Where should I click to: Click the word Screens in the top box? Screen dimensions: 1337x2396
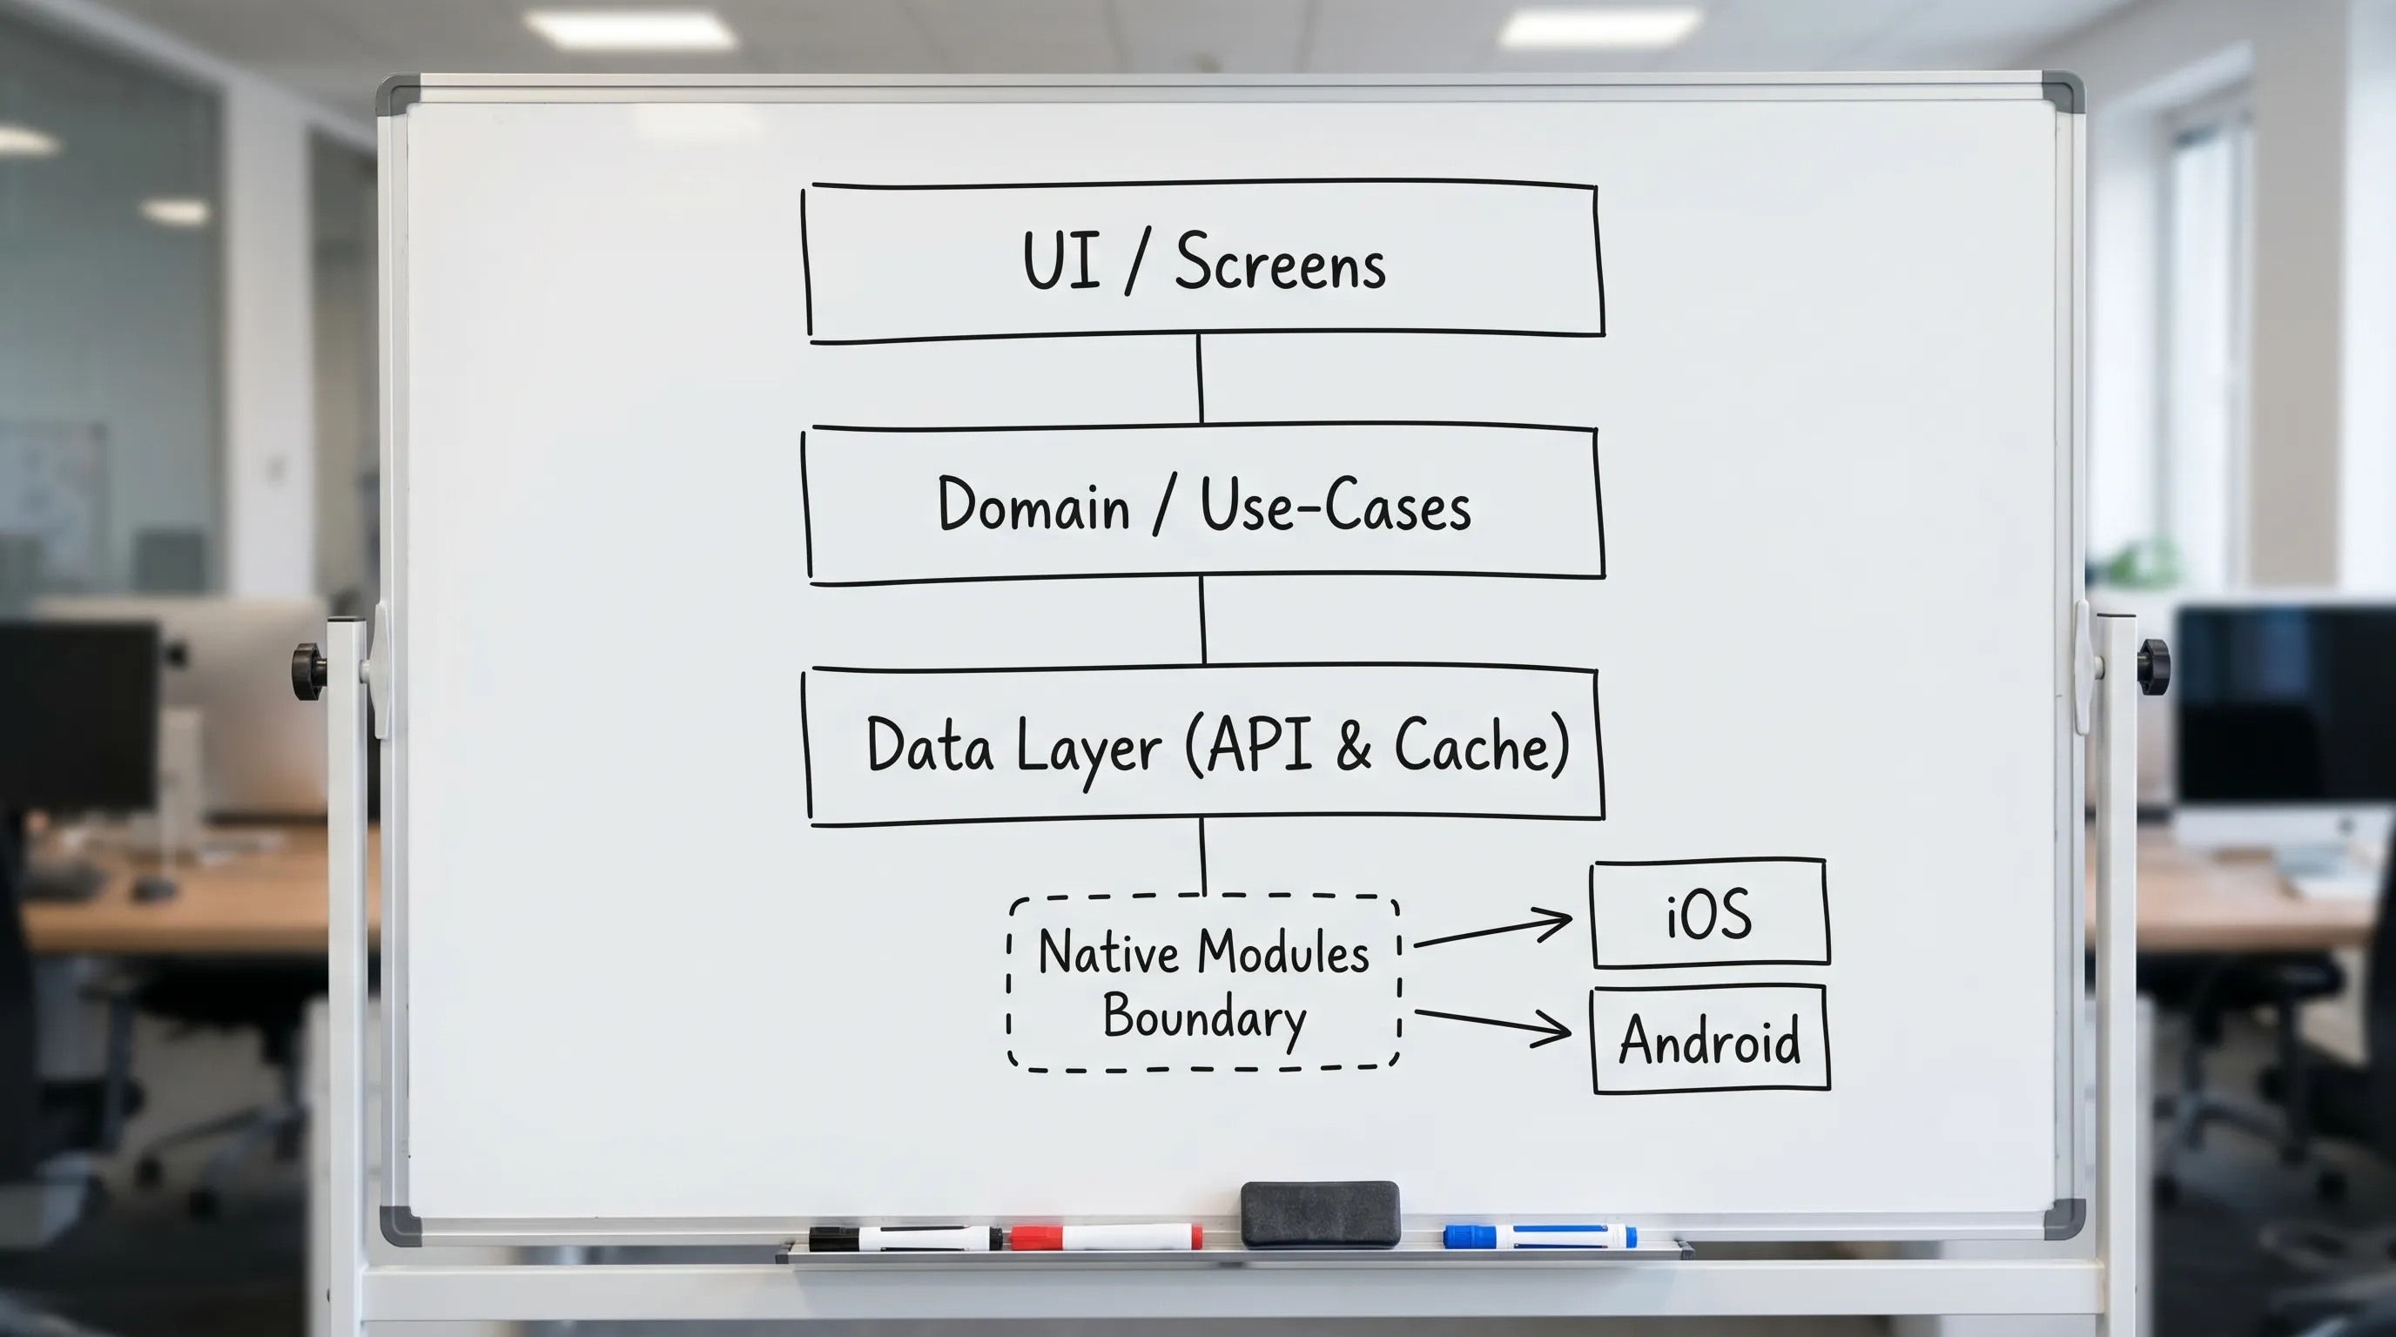1280,263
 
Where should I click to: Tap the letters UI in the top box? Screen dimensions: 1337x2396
1061,261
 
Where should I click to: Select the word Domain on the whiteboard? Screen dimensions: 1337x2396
1033,505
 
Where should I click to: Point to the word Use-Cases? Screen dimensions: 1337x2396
1336,506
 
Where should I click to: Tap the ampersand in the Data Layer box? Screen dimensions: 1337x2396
1353,745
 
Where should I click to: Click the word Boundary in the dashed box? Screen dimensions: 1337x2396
1204,1018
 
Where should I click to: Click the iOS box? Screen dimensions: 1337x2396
1710,914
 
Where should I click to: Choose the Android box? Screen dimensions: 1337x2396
1710,1039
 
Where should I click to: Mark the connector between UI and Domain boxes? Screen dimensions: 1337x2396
1200,380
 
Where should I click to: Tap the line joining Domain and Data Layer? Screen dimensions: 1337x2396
1202,620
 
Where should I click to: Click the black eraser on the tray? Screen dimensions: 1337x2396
1320,1213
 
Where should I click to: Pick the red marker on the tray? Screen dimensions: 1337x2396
1106,1238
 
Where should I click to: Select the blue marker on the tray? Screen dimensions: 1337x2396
1539,1237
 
